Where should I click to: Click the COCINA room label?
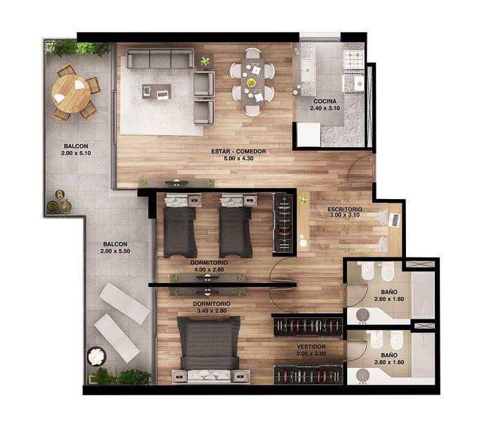point(325,101)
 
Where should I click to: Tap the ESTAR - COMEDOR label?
point(239,151)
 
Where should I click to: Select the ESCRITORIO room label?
point(345,210)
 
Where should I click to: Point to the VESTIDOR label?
point(311,347)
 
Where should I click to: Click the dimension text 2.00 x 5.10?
point(76,153)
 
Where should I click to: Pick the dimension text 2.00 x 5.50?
point(115,251)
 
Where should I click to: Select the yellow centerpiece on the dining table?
point(251,82)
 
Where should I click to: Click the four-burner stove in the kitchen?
point(354,59)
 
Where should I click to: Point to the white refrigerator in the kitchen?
point(308,135)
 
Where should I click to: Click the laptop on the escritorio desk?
point(394,220)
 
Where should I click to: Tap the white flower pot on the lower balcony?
point(97,357)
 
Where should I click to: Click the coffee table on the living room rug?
point(157,92)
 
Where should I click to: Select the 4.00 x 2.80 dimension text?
point(209,269)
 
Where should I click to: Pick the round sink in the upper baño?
point(362,315)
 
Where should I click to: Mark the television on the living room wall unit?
point(176,183)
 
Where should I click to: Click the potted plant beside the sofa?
point(204,61)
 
